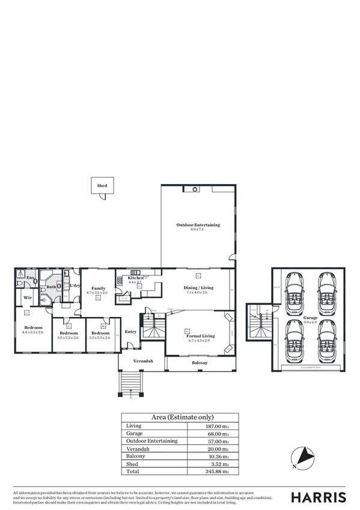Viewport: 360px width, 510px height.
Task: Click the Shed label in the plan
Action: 102,186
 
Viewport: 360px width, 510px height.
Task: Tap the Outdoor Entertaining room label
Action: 198,225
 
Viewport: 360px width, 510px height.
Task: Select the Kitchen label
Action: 135,278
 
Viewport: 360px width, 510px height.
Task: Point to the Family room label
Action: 99,289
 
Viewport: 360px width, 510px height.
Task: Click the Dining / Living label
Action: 197,287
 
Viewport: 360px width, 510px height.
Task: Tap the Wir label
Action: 27,297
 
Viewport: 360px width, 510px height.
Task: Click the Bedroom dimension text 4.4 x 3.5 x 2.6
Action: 33,332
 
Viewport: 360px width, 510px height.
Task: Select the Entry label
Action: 130,331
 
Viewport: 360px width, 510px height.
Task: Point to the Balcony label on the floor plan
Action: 200,363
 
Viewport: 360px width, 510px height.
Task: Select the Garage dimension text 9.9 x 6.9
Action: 311,322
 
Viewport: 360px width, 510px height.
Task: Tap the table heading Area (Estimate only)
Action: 180,417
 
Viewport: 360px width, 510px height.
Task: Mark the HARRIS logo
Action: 319,497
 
